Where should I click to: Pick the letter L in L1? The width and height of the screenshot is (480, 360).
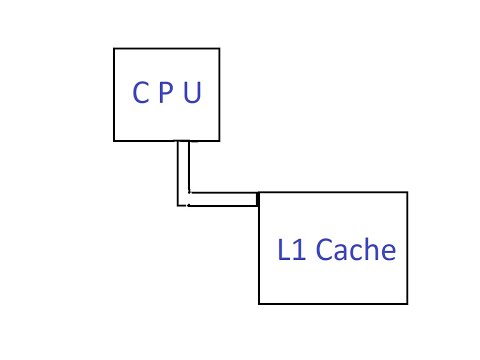tap(285, 249)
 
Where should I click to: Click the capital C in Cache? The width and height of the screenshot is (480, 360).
tap(326, 249)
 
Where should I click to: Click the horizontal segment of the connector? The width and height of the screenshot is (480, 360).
tap(222, 200)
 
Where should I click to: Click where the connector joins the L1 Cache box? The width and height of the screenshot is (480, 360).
tap(258, 200)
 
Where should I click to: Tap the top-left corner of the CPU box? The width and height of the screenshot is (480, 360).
tap(114, 46)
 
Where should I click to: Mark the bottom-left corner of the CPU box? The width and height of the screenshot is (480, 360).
tap(114, 140)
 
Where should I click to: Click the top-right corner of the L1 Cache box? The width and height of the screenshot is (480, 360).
tap(408, 192)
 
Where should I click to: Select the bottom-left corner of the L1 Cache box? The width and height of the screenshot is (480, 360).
tap(259, 303)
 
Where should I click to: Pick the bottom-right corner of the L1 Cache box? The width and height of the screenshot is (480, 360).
tap(408, 303)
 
